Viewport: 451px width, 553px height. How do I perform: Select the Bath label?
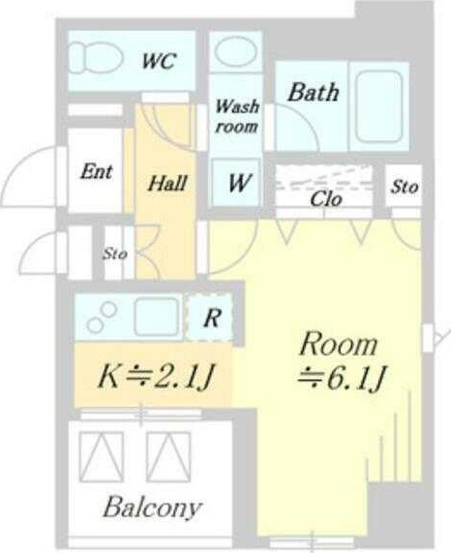point(313,93)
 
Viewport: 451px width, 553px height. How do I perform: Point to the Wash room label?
point(236,116)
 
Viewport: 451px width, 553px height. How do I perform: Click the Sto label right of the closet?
point(404,187)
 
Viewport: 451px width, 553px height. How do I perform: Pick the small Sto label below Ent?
point(115,255)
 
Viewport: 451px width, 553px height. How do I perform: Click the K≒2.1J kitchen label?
point(154,374)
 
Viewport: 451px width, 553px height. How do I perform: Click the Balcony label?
point(154,507)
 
